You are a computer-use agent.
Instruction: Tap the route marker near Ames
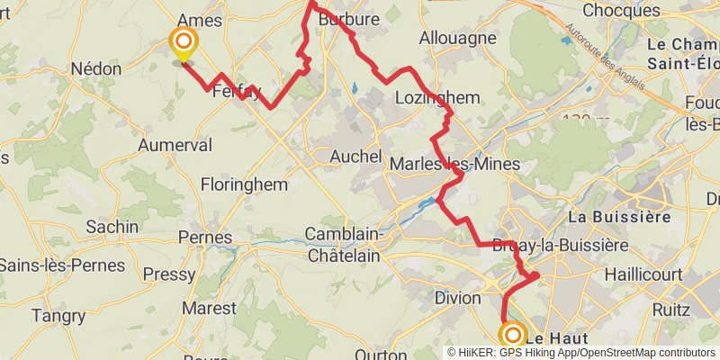[184, 41]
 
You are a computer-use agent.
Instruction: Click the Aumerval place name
[175, 145]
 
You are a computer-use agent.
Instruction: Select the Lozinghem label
[437, 97]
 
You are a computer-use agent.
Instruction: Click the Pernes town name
[206, 238]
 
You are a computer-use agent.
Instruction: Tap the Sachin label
[113, 227]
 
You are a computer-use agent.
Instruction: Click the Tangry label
[58, 316]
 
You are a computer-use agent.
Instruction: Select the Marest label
[209, 308]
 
